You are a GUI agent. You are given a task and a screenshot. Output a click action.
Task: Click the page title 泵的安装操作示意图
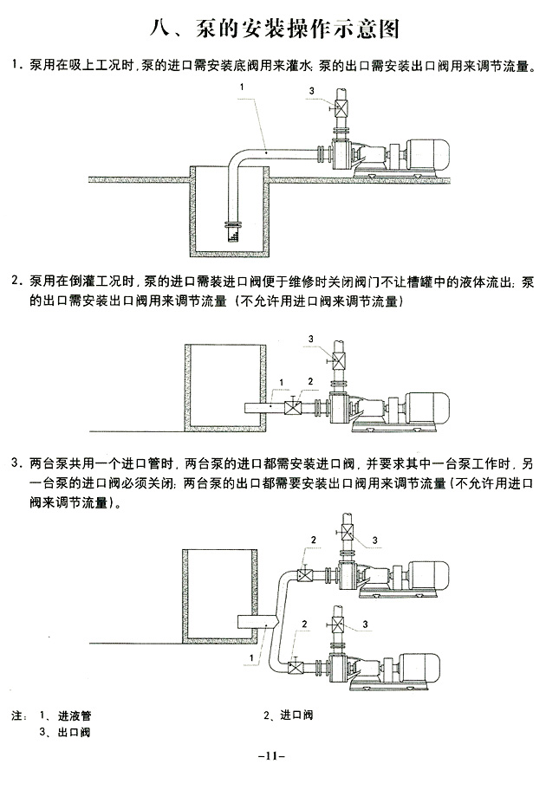coord(274,29)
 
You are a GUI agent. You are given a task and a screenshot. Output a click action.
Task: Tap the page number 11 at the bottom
coord(272,755)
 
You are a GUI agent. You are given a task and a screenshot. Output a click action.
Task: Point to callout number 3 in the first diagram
coord(310,92)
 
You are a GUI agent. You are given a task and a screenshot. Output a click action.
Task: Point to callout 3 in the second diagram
coord(310,338)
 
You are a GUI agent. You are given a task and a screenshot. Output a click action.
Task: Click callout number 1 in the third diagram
coord(250,658)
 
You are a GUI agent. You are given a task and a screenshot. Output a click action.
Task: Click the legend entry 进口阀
coord(296,716)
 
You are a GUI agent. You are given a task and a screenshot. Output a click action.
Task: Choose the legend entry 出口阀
coord(75,732)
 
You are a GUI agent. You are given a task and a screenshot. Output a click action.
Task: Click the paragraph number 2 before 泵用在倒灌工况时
coord(16,282)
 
